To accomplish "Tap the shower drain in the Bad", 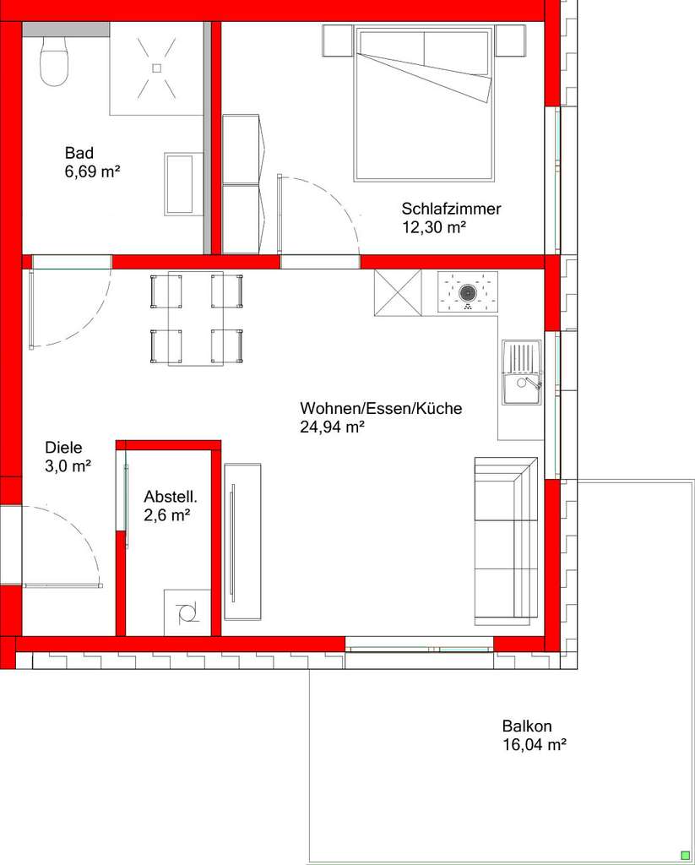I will [156, 68].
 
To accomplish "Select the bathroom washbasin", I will [183, 183].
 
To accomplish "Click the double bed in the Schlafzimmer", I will [424, 103].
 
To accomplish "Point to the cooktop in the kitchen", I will [467, 292].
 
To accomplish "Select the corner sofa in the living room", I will [506, 541].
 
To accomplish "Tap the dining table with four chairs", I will [196, 318].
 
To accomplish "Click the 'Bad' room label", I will [79, 153].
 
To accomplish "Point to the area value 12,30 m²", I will [434, 226].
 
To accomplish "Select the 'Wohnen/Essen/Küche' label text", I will [381, 409].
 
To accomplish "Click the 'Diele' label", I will [64, 449].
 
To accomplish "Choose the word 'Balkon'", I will [527, 726].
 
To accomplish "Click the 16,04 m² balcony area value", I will [534, 745].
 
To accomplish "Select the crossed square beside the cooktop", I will [397, 292].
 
